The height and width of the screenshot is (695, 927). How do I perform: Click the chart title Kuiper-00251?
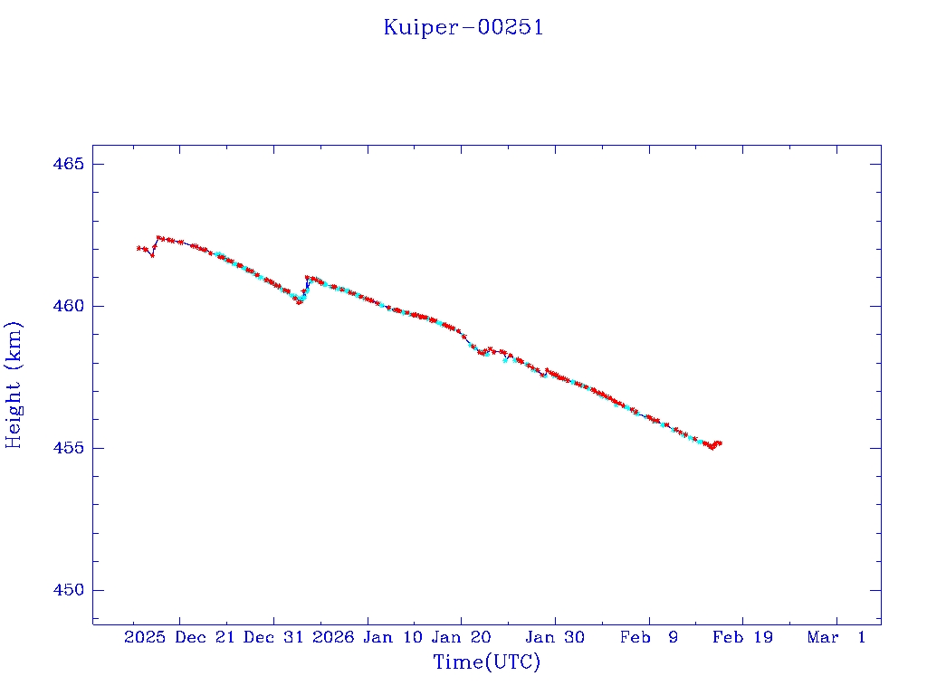point(463,27)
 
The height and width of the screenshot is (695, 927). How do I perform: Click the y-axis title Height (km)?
point(14,384)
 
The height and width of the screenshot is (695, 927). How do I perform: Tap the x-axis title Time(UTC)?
point(487,662)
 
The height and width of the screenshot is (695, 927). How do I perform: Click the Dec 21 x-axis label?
point(205,637)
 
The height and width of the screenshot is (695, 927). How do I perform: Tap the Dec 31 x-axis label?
point(275,637)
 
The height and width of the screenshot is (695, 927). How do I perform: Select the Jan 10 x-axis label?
point(392,637)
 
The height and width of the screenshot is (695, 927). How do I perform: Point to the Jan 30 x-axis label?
point(556,637)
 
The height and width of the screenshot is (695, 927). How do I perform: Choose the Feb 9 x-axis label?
point(649,637)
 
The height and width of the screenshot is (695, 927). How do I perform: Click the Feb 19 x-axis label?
point(743,637)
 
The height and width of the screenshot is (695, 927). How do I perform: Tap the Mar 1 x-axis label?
point(836,637)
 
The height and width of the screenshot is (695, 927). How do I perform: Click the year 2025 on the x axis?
point(146,637)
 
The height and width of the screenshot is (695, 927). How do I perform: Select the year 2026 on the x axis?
point(333,637)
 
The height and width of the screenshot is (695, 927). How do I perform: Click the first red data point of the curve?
point(139,248)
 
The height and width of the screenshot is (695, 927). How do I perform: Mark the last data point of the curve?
point(720,443)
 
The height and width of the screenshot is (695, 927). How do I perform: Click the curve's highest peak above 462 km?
point(158,237)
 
